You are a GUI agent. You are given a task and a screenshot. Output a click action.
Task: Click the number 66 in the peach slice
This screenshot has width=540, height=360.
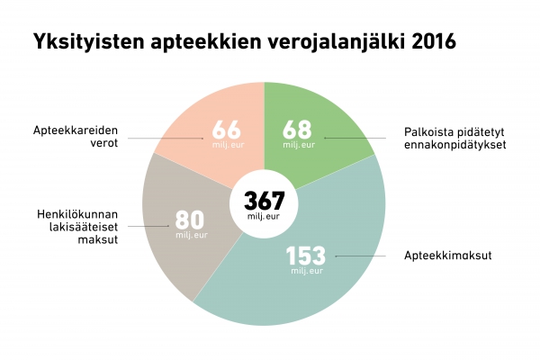(227, 129)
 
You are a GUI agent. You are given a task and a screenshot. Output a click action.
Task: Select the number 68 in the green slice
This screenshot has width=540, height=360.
(299, 129)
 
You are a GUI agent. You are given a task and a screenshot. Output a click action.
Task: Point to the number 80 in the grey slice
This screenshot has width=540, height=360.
(189, 220)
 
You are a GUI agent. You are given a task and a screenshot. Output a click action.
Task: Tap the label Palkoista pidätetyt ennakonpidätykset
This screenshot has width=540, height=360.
(455, 137)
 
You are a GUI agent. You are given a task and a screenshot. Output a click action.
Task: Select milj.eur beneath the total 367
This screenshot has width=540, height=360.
(264, 216)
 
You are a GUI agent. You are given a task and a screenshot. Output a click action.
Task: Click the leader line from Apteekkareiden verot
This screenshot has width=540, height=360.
(166, 138)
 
